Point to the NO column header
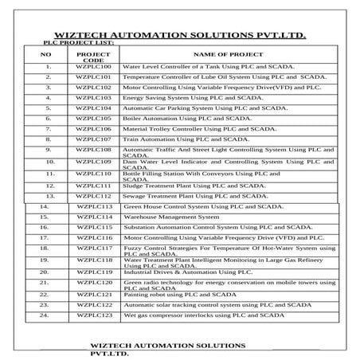tap(45, 53)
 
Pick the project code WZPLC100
tap(93, 67)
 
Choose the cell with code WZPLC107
tap(93, 139)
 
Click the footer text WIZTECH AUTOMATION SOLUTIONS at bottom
tap(167, 346)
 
